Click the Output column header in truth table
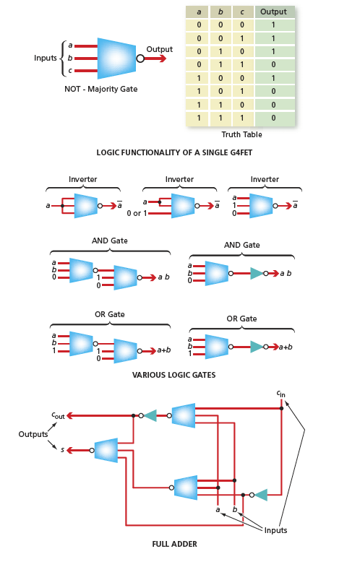coord(273,12)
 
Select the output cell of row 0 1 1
coord(273,65)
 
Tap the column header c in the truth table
coord(242,12)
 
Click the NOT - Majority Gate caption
coord(101,89)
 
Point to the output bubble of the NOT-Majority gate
coord(140,59)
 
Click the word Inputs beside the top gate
coord(46,58)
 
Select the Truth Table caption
coord(241,134)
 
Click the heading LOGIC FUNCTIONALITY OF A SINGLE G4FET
coord(174,152)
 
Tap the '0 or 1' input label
coord(137,213)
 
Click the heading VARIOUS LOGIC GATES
coord(173,375)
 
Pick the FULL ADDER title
coord(174,544)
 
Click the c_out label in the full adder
coord(58,415)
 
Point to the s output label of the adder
coord(62,450)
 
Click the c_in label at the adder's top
coord(280,394)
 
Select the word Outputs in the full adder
coord(33,434)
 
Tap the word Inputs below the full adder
coord(275,530)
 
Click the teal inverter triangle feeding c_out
coord(150,415)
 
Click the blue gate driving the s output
coord(106,450)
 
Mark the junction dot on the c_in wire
coord(281,408)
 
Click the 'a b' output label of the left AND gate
coord(164,277)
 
